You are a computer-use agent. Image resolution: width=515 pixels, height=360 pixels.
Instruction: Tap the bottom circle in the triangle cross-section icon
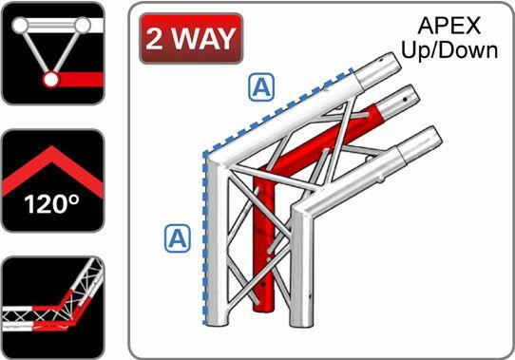(49, 81)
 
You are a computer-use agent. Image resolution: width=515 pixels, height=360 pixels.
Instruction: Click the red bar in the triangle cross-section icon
(80, 80)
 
